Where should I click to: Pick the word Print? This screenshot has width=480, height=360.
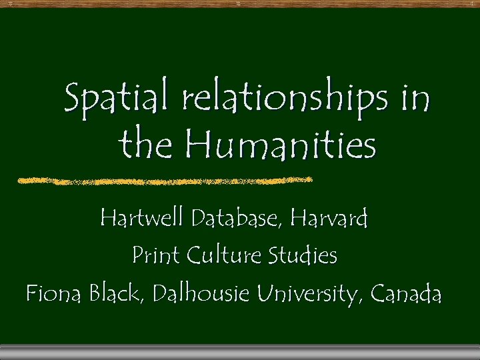click(x=156, y=255)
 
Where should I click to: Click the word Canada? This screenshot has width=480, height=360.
click(x=406, y=292)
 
